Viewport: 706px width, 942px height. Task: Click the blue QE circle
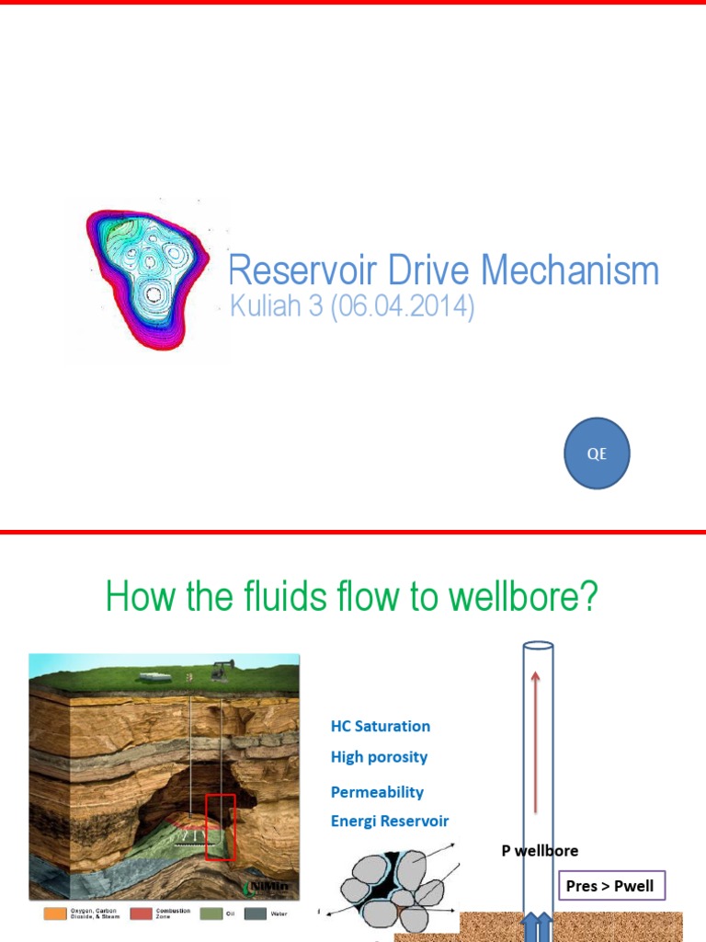pyautogui.click(x=597, y=453)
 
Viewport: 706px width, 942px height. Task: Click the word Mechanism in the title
pyautogui.click(x=570, y=270)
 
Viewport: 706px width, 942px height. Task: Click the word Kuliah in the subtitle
pyautogui.click(x=267, y=306)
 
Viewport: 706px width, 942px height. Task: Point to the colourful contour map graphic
pyautogui.click(x=146, y=278)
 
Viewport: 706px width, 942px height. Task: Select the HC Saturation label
pyautogui.click(x=380, y=726)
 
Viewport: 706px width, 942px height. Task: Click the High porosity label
pyautogui.click(x=379, y=757)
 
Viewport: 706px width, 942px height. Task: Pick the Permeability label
pyautogui.click(x=377, y=791)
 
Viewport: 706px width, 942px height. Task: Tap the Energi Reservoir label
pyautogui.click(x=390, y=821)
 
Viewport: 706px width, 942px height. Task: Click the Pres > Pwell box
pyautogui.click(x=610, y=886)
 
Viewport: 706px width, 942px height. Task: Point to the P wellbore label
pyautogui.click(x=540, y=851)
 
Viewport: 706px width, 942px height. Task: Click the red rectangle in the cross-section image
pyautogui.click(x=220, y=826)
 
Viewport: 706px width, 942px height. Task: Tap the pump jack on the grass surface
pyautogui.click(x=221, y=672)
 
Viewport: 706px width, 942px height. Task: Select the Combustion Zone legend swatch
pyautogui.click(x=142, y=914)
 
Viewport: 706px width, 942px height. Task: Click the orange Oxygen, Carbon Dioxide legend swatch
pyautogui.click(x=54, y=914)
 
